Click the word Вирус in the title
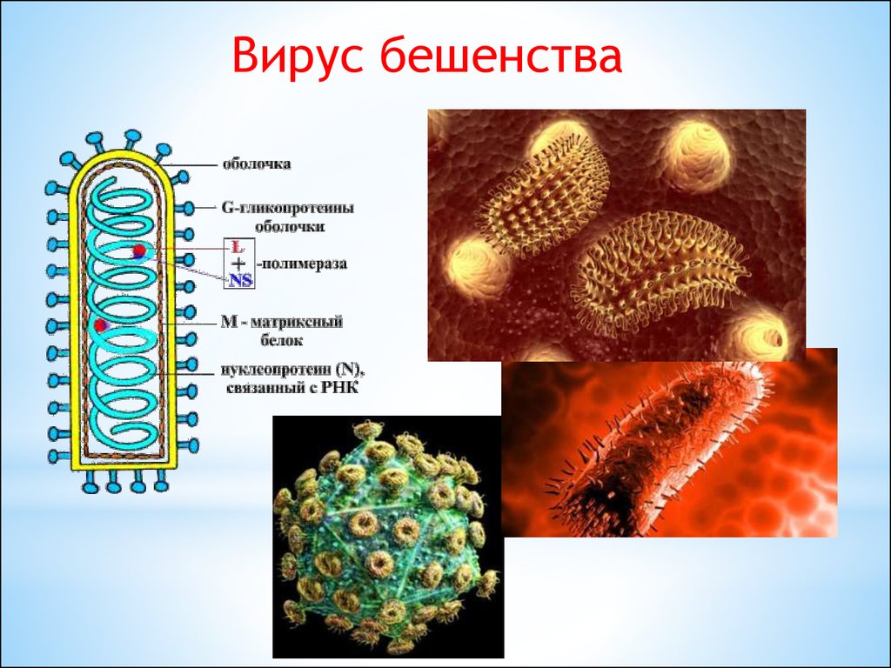tap(297, 56)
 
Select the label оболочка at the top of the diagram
tap(257, 164)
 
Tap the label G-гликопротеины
tap(287, 209)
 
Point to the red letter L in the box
tap(238, 247)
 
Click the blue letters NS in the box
tap(240, 279)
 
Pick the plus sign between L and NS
tap(239, 263)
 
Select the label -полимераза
tap(301, 264)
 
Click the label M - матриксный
tap(282, 322)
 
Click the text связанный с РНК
tap(292, 389)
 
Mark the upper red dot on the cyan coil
tap(139, 250)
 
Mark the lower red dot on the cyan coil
tap(101, 325)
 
